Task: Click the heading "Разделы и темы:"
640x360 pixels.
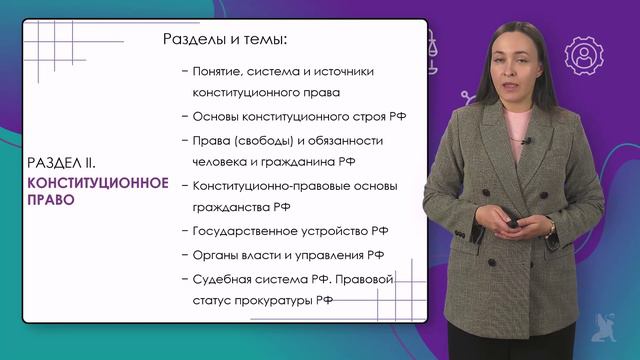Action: point(224,41)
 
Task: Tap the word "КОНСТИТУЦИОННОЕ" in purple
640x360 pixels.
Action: point(97,183)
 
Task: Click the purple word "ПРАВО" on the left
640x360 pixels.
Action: point(51,199)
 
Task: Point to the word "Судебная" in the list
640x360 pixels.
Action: point(221,279)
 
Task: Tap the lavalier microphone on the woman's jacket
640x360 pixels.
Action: point(527,142)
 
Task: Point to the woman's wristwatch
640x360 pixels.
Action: point(549,230)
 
